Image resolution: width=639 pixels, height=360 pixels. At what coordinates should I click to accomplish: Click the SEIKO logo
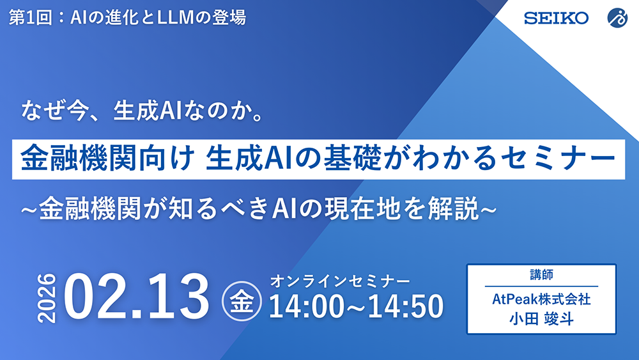click(556, 17)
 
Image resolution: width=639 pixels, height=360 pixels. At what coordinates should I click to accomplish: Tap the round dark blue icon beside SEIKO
click(617, 17)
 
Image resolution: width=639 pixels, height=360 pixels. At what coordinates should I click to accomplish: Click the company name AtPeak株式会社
click(541, 298)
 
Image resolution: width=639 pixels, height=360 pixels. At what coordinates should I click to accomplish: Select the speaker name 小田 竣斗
click(541, 317)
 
